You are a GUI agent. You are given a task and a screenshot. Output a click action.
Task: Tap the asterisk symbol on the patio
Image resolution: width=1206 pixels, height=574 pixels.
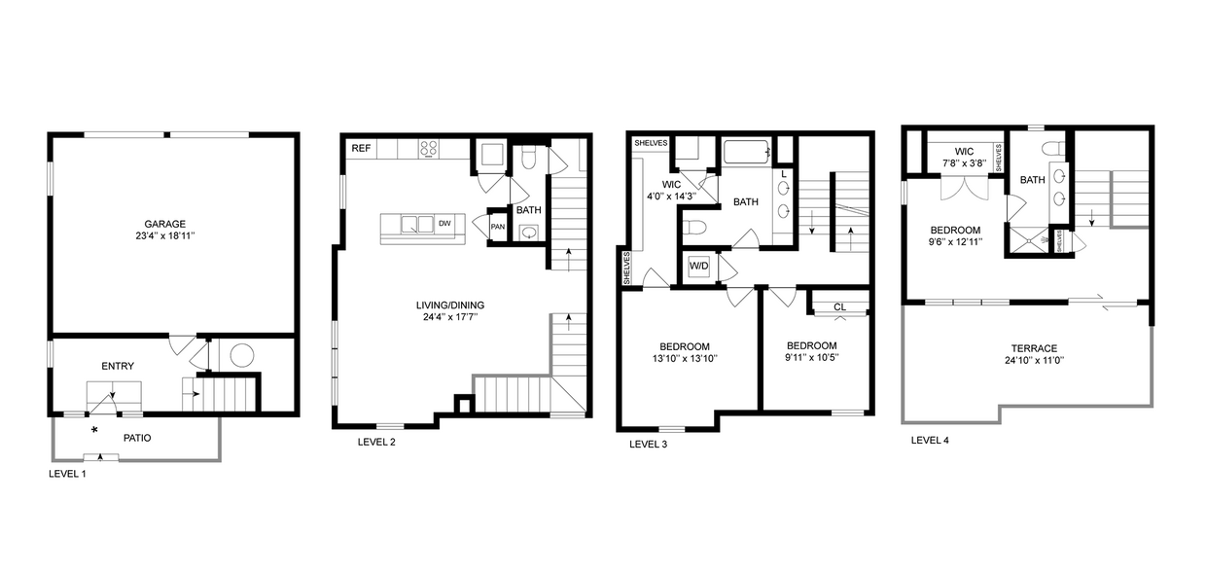[94, 429]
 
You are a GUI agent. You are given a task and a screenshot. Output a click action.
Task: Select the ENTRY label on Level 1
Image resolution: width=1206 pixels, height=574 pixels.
[118, 366]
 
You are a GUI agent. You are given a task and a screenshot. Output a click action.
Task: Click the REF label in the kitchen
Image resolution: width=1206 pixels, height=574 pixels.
[361, 148]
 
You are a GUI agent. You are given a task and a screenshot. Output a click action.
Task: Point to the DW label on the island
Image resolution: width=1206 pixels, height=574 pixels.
[444, 224]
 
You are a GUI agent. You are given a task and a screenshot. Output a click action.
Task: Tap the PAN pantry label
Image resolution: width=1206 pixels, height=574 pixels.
[497, 228]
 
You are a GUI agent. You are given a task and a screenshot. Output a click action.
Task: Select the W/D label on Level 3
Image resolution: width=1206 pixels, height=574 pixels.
[699, 266]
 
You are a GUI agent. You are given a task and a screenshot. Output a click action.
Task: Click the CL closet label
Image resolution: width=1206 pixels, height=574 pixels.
[839, 307]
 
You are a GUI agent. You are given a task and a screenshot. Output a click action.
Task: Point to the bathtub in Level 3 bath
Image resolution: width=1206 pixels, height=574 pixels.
[746, 152]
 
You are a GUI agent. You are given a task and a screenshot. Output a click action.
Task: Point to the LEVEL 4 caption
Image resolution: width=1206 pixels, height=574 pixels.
[930, 440]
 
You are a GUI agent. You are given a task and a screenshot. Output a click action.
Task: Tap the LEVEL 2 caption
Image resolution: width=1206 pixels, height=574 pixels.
[377, 442]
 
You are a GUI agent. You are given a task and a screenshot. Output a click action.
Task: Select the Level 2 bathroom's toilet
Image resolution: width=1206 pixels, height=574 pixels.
[528, 158]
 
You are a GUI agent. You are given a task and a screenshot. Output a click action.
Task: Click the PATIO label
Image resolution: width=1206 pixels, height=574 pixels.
[137, 438]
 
